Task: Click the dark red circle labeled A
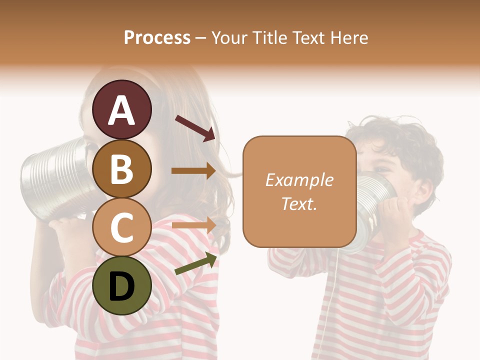[122, 109]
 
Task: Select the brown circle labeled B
[122, 168]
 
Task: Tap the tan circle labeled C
[122, 227]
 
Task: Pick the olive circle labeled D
[122, 285]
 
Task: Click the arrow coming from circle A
[195, 128]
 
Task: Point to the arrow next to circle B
[193, 171]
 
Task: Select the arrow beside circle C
[193, 225]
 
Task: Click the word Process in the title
[157, 37]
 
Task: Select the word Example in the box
[299, 180]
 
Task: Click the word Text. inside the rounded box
[299, 204]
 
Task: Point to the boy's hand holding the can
[400, 212]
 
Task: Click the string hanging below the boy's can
[336, 300]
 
